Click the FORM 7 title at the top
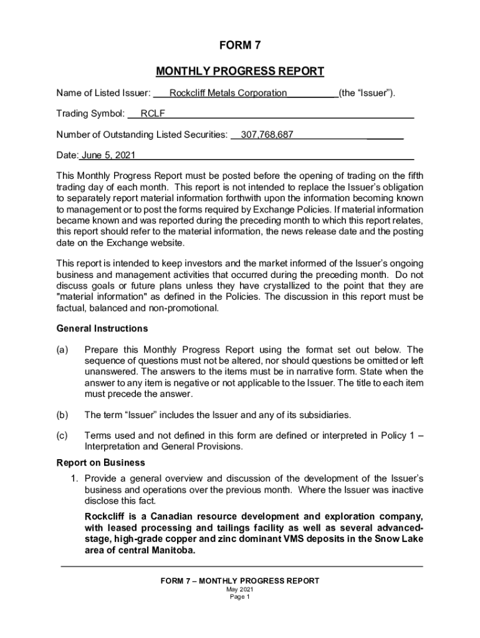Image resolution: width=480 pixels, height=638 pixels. tap(239, 45)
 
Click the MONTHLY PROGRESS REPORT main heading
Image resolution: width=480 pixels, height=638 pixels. tap(239, 71)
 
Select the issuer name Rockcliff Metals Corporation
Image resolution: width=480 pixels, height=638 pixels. tap(228, 93)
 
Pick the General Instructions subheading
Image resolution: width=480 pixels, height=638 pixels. tap(102, 328)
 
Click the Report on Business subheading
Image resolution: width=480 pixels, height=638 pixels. tap(101, 462)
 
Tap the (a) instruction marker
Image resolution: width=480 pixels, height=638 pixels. tap(62, 350)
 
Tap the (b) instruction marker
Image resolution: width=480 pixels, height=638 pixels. tap(62, 414)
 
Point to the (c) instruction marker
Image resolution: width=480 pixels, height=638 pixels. tap(62, 435)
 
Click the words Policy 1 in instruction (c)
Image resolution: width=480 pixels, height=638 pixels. tap(398, 435)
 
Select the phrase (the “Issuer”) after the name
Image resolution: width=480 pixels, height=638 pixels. tap(367, 93)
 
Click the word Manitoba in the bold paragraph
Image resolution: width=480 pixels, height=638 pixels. tap(173, 551)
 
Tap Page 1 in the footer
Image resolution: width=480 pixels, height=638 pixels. tap(239, 596)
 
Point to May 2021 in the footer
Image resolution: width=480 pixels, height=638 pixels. tap(239, 589)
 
